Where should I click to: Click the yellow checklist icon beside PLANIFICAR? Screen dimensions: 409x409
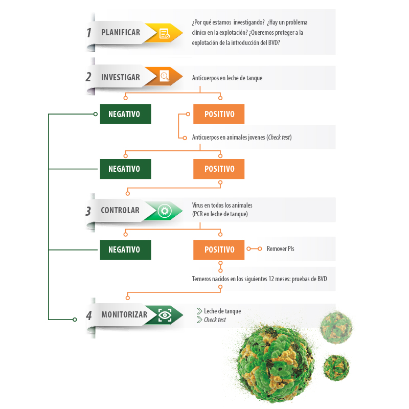point(164,34)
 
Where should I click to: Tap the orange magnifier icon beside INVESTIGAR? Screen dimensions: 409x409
point(165,76)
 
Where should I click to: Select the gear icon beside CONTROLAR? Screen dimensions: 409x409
point(165,211)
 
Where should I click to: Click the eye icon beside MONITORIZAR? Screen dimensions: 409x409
point(165,315)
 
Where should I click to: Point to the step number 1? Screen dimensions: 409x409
point(89,33)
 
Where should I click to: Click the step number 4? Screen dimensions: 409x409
point(89,315)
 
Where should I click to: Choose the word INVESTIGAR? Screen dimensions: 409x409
point(121,78)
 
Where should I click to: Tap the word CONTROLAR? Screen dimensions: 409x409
point(120,210)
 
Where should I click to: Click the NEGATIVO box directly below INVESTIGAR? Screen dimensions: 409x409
point(125,114)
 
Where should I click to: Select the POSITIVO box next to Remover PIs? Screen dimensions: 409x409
point(219,249)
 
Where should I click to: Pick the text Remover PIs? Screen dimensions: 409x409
point(280,249)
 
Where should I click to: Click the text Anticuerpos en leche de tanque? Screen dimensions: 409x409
point(227,78)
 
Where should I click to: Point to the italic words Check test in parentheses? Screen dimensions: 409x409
point(279,137)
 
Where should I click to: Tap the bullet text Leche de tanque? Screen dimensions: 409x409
point(222,311)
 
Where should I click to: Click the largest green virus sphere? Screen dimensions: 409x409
point(276,364)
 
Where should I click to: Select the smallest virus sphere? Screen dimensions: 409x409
point(336,367)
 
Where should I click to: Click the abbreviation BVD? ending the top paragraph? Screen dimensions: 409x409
point(274,43)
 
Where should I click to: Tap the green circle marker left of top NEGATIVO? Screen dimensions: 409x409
point(96,114)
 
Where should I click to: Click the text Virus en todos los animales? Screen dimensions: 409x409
point(222,206)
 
